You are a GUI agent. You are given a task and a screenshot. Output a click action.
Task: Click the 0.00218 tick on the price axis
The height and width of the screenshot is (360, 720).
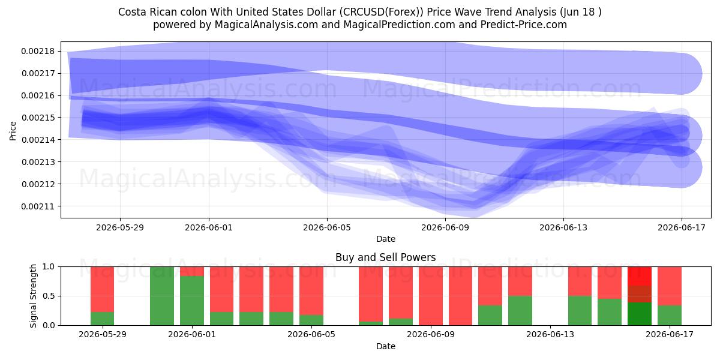(38, 52)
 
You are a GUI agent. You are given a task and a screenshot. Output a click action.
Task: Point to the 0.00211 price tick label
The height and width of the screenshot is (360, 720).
(38, 206)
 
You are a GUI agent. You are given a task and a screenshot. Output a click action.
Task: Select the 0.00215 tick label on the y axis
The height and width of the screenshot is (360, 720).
(38, 118)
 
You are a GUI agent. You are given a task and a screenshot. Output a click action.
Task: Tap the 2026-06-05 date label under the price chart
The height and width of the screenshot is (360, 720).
(327, 227)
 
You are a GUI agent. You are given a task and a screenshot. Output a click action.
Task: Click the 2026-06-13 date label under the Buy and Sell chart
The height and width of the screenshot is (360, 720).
(550, 334)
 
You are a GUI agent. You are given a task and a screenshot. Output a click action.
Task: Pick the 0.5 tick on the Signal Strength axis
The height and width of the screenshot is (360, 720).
(49, 296)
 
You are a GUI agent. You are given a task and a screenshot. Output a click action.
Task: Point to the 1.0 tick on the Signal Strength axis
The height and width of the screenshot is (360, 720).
(49, 267)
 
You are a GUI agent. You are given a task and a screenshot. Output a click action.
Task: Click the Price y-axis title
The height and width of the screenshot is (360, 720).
(13, 131)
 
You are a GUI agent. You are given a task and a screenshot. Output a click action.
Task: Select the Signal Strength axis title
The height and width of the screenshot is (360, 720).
(33, 296)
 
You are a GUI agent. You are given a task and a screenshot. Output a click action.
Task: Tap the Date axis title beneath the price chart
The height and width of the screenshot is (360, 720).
(386, 239)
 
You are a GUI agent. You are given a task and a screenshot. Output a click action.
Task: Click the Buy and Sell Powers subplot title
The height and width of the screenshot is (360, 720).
(386, 257)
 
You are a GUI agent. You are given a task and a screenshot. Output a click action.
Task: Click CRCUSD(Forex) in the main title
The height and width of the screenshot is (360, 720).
(382, 12)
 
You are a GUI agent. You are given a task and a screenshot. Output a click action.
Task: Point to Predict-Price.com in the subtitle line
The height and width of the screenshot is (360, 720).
(524, 25)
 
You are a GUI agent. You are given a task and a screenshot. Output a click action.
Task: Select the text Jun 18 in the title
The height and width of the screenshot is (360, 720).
(579, 12)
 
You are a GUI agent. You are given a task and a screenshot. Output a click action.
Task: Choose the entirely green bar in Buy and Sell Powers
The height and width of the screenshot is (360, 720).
(162, 296)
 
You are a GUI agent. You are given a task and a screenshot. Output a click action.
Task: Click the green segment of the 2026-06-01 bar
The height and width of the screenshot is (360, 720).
(192, 301)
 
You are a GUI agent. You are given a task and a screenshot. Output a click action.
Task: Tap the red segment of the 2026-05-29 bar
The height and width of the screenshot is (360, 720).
(102, 289)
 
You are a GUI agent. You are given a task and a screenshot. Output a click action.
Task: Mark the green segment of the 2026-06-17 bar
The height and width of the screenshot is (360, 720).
(670, 316)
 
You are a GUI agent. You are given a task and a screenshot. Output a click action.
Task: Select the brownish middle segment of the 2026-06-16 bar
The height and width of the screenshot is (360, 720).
(640, 294)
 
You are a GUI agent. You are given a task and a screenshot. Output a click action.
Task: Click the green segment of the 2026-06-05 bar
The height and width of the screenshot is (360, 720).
(311, 320)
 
